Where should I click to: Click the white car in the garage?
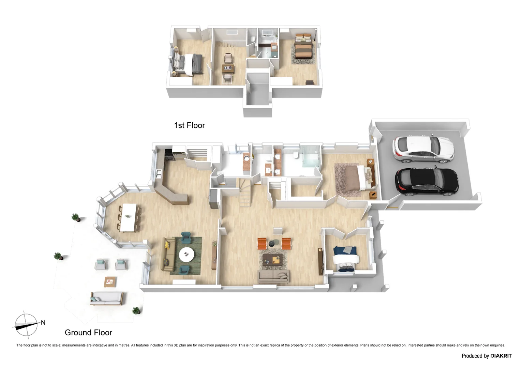coord(423,149)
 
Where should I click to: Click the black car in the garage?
coord(427,182)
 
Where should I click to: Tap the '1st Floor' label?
coord(189,125)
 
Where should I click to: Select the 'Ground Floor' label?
coord(88,333)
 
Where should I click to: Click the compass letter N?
coord(43,322)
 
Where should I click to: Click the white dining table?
coord(129,217)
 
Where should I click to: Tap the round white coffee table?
coord(187,254)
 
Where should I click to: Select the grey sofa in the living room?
coord(273,276)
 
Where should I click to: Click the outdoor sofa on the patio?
coord(106,298)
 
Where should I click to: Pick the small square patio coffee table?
coord(110,281)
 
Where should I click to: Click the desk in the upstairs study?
coord(228,69)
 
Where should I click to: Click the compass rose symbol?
coord(26,324)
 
